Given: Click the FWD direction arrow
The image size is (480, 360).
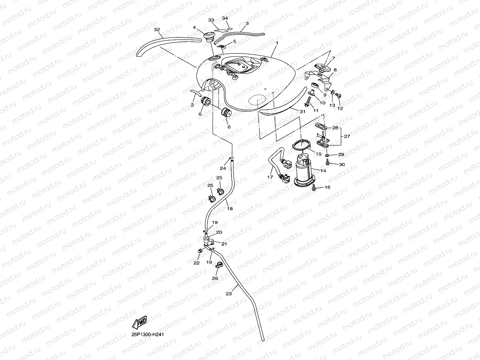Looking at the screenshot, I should coord(140,323).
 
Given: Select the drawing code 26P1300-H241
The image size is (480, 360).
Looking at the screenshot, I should coord(148,334).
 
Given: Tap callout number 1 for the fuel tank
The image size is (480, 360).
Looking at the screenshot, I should coord(277,42).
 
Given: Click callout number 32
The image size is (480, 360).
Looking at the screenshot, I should coord(157,30).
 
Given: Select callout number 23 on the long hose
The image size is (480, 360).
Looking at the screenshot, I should coord(229,293).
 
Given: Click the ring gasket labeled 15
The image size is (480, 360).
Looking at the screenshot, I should coord(302,146).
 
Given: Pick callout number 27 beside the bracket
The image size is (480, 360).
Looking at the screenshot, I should coord(347,136).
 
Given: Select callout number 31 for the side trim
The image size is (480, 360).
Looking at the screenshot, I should coord(303,112).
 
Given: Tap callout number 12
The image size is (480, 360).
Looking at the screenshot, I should coord(340,108).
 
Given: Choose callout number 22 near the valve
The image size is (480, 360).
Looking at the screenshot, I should coord(196,263).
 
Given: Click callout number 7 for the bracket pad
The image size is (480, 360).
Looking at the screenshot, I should coord(333,58).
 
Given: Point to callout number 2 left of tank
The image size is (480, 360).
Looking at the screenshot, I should coord(192,105).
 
